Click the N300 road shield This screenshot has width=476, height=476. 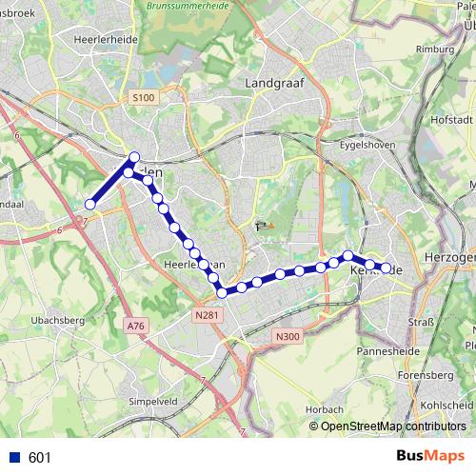click(288, 335)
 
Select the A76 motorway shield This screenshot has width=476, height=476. click(135, 326)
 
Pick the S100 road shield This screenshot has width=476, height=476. click(143, 97)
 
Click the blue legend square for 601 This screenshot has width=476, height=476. click(13, 458)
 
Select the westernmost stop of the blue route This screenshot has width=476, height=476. click(90, 204)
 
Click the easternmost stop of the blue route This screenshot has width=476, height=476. click(387, 268)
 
